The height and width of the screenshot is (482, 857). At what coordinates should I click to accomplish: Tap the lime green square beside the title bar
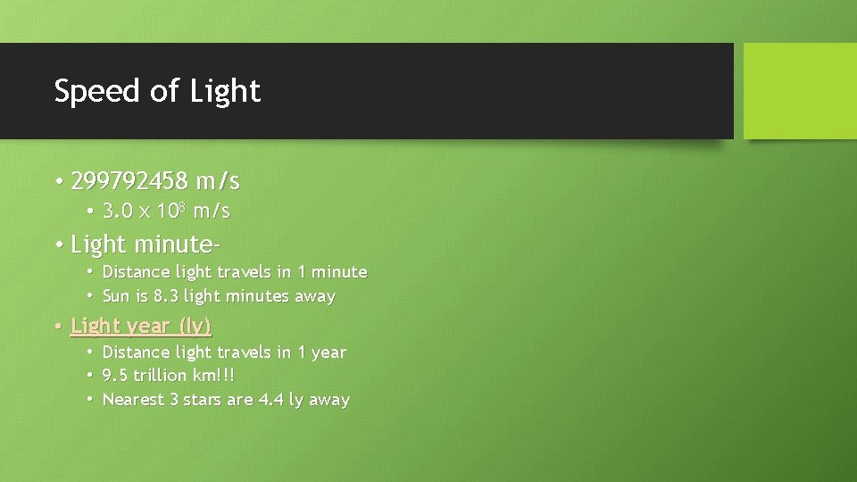[x=800, y=91]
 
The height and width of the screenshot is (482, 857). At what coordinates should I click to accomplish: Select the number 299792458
[x=129, y=181]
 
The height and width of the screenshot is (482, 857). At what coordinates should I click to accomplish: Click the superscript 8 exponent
[x=181, y=207]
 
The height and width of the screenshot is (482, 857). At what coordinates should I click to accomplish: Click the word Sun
[x=116, y=295]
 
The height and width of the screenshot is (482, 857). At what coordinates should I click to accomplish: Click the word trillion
[x=160, y=376]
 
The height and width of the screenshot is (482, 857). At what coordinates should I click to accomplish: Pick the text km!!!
[x=213, y=376]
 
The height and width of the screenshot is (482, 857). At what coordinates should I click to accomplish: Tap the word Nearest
[x=133, y=400]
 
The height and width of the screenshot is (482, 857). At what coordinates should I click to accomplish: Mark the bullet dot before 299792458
[x=58, y=182]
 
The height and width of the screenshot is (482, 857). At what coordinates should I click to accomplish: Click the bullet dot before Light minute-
[x=58, y=244]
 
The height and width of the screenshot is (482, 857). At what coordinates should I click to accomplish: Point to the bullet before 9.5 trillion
[x=91, y=376]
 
